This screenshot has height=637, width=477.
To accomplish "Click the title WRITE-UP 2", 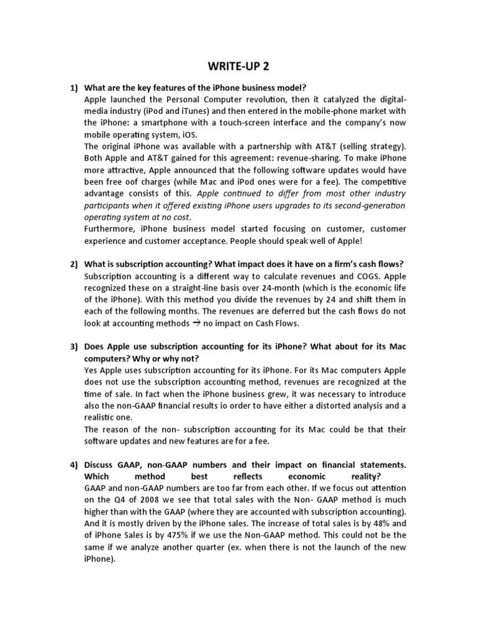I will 238,67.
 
